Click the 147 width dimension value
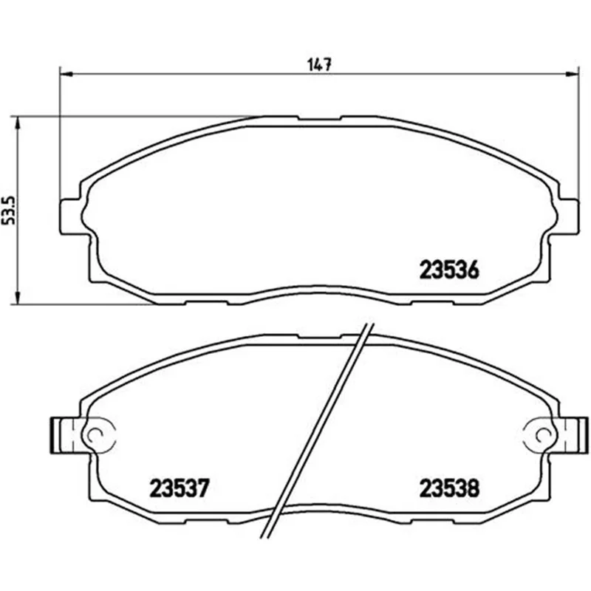(x=320, y=65)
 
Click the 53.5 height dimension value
(x=9, y=211)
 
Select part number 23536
(x=449, y=270)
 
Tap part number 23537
(x=179, y=488)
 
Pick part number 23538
(x=449, y=488)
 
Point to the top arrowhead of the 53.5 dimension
(x=17, y=123)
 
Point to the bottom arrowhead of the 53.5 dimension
(x=17, y=298)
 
